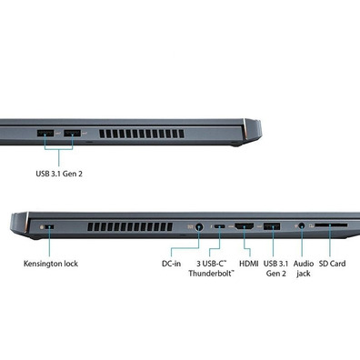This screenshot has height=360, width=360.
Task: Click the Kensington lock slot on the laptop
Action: [x=50, y=226]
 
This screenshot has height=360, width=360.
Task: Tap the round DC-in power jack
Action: [x=199, y=226]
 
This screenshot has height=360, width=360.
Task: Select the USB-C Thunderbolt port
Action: [x=219, y=226]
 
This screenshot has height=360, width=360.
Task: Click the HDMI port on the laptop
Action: [x=245, y=226]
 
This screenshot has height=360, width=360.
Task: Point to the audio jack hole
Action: [x=302, y=225]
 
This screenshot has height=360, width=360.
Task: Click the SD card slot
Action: [x=331, y=225]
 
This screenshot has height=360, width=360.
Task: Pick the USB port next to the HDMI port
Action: [x=272, y=226]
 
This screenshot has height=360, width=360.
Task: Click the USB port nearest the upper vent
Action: [x=73, y=133]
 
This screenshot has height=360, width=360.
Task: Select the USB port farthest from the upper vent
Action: [x=45, y=133]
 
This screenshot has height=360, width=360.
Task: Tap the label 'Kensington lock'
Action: [x=51, y=264]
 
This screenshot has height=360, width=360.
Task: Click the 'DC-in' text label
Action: [x=171, y=264]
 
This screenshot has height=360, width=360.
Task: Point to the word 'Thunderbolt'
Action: [x=211, y=274]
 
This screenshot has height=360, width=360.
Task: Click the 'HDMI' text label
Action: [x=249, y=264]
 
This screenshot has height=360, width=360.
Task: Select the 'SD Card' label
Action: [x=332, y=264]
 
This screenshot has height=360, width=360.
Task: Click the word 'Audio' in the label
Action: [x=304, y=264]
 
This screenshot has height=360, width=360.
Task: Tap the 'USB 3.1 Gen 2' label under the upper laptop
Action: [x=59, y=174]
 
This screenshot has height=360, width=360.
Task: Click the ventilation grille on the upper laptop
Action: [x=142, y=134]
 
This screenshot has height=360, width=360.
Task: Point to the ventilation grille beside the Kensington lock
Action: [x=130, y=227]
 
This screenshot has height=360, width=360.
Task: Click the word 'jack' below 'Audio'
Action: [x=304, y=274]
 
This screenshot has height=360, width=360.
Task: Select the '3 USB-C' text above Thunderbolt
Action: [x=212, y=264]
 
